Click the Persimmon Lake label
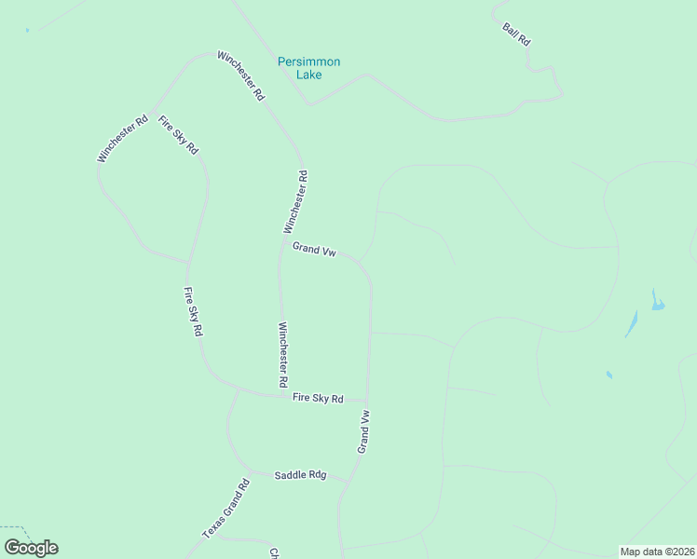tap(309, 68)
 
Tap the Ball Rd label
tap(516, 35)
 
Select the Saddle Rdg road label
tap(300, 475)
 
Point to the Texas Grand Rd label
tap(226, 509)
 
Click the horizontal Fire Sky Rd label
tap(318, 399)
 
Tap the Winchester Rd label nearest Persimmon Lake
tap(241, 75)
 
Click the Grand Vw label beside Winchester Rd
tap(314, 249)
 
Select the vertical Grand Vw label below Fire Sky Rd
tap(364, 432)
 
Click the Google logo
tap(31, 547)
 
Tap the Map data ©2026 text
tap(657, 551)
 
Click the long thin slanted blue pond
tap(632, 323)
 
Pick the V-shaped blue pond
tap(657, 301)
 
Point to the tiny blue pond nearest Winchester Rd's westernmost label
tap(28, 31)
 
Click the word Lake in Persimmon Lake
tap(309, 75)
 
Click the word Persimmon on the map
tap(309, 61)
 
